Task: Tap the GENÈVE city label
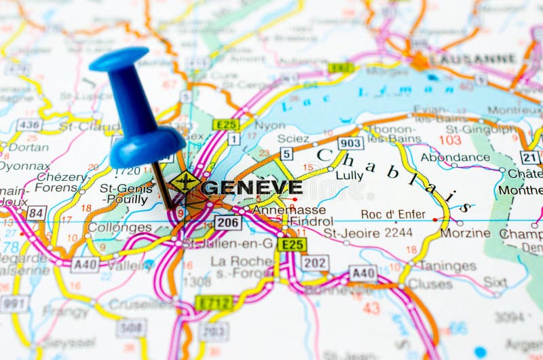click(x=252, y=187)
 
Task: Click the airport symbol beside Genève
click(x=185, y=182)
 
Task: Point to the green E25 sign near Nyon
click(x=225, y=124)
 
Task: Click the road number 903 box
click(x=350, y=143)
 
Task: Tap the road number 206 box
click(x=227, y=222)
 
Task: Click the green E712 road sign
click(x=214, y=303)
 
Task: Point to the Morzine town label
click(x=465, y=233)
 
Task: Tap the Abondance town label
click(x=455, y=157)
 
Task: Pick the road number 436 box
click(x=29, y=124)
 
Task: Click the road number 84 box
click(x=37, y=213)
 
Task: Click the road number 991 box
click(x=14, y=303)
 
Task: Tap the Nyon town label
click(x=270, y=126)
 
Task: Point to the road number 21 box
click(x=530, y=158)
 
